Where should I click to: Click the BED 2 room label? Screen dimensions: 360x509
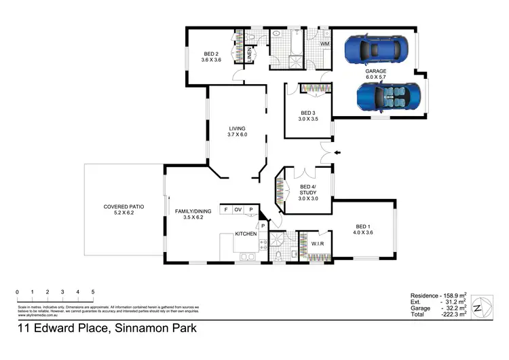point(211,57)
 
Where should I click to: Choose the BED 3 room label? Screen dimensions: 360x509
point(308,116)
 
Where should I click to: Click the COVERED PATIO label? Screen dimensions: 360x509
point(124,210)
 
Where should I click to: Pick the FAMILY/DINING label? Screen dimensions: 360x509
point(193,214)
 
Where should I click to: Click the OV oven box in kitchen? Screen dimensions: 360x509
point(238,210)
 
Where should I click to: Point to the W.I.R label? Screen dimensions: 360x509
point(318,245)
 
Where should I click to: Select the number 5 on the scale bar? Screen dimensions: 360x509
point(92,292)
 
